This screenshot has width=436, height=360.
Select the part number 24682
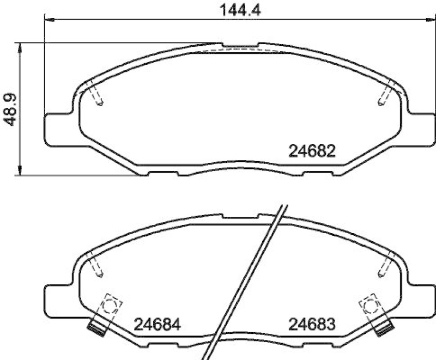click(x=311, y=151)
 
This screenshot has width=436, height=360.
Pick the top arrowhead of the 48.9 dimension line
click(x=20, y=46)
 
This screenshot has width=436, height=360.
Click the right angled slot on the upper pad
click(x=386, y=93)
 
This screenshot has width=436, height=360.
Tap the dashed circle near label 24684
click(x=111, y=306)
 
